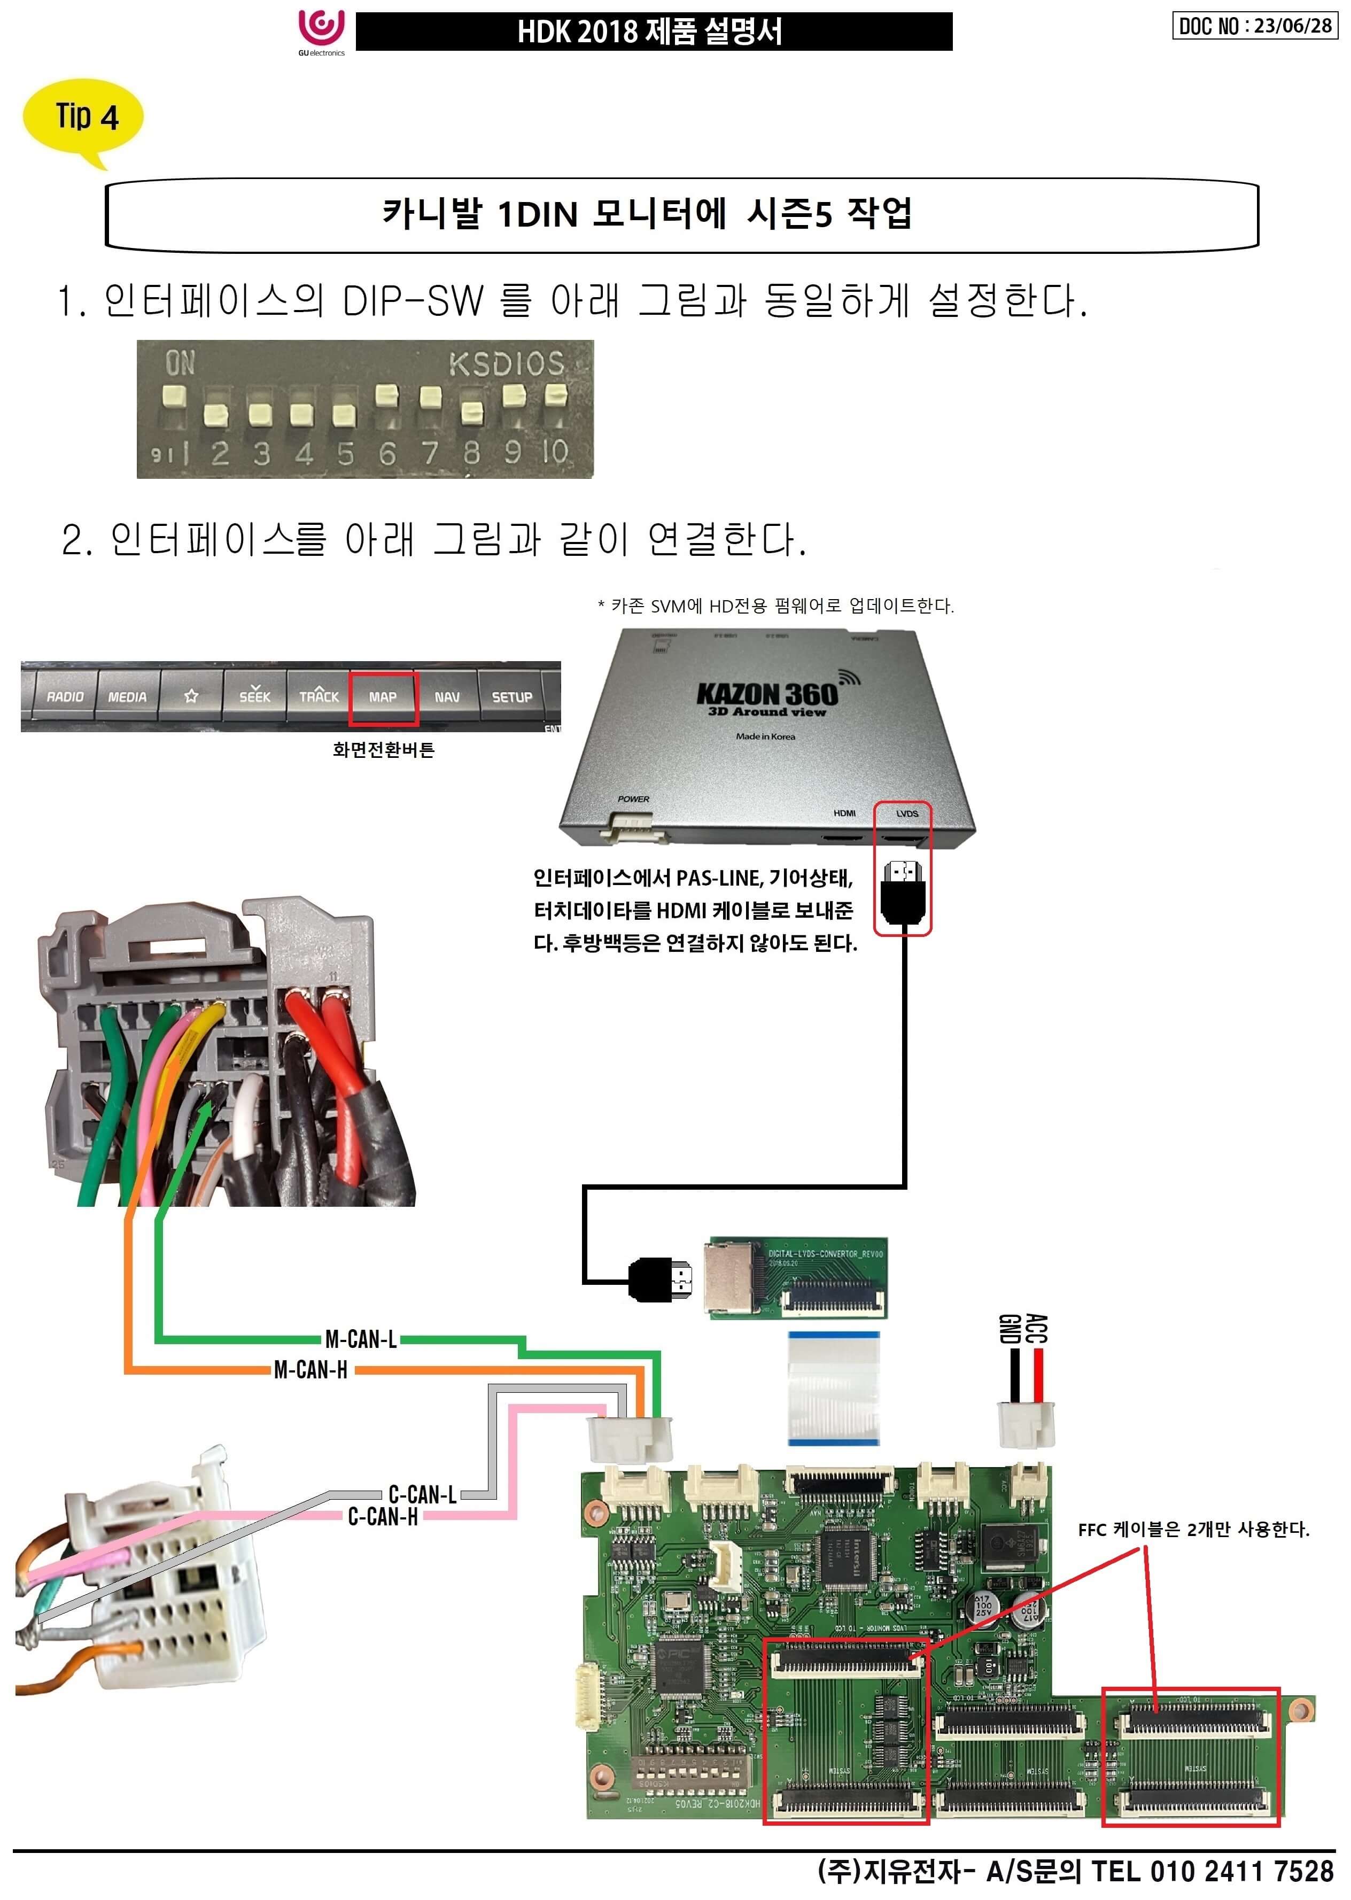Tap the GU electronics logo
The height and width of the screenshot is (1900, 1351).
(x=321, y=31)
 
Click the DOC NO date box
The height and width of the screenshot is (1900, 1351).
(x=1254, y=26)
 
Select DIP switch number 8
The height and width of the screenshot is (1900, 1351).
(x=472, y=411)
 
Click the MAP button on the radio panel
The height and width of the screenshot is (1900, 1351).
(x=383, y=697)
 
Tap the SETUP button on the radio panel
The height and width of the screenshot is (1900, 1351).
(x=511, y=697)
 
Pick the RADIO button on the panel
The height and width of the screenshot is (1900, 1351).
(x=65, y=697)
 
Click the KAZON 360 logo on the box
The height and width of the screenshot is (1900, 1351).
(x=767, y=695)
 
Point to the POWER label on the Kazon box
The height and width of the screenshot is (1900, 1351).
(x=633, y=798)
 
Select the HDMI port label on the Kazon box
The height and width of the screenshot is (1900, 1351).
(x=844, y=813)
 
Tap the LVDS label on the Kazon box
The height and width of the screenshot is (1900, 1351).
(x=907, y=813)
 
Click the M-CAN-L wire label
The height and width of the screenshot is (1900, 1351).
(x=360, y=1338)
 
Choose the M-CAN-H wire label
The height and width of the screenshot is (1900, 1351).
(x=310, y=1369)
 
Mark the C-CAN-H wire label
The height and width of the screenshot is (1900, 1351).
(x=383, y=1516)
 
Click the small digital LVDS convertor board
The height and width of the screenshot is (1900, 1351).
(x=796, y=1278)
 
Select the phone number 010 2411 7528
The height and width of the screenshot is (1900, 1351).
(x=1242, y=1872)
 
